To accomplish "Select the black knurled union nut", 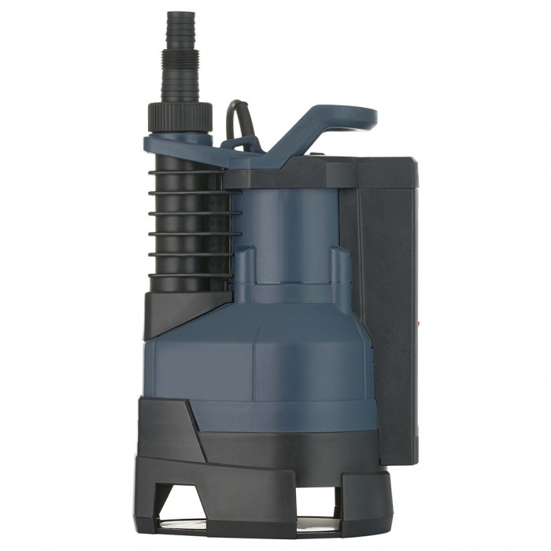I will (179, 116).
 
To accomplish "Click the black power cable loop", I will (237, 118).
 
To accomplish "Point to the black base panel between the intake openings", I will (260, 488).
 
